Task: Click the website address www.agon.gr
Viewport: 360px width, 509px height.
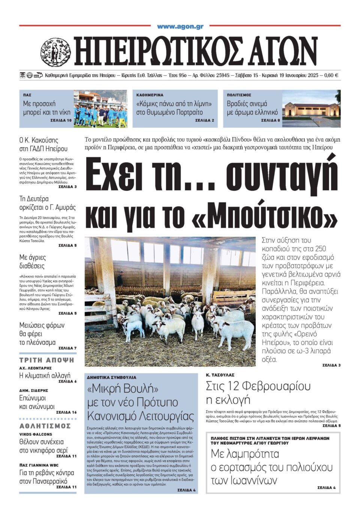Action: click(x=180, y=26)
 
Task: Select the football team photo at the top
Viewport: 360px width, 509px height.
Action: click(x=100, y=109)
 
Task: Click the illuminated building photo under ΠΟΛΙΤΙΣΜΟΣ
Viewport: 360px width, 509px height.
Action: click(x=311, y=109)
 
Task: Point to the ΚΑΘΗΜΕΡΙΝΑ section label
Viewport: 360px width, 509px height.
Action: click(x=150, y=95)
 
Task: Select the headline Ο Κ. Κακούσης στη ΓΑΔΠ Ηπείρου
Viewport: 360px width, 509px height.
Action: click(x=43, y=144)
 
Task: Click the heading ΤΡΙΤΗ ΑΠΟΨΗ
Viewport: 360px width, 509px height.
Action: click(x=47, y=360)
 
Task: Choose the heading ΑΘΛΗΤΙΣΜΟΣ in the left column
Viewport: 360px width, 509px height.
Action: click(x=45, y=426)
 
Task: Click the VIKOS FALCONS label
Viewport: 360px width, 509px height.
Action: click(x=36, y=434)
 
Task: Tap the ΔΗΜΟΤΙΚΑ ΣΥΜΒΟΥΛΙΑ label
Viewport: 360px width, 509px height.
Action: click(x=112, y=377)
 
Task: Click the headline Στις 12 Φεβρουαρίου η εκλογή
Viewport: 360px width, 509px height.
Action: click(x=258, y=392)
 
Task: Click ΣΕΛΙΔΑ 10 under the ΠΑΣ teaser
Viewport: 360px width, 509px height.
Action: click(x=61, y=121)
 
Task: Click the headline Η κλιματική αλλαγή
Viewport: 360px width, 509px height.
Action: click(x=45, y=375)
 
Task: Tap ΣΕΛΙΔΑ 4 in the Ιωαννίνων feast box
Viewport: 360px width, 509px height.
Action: click(x=326, y=488)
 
